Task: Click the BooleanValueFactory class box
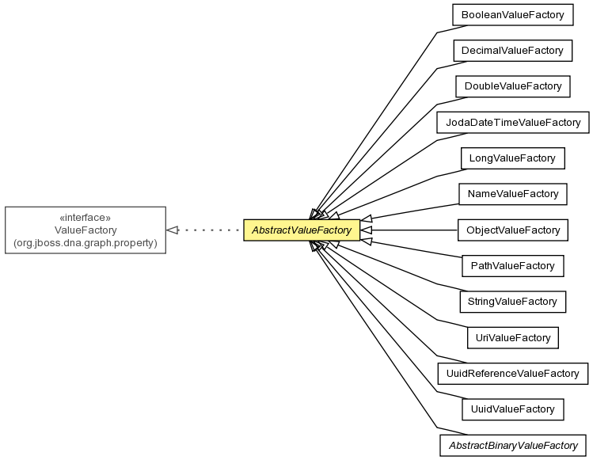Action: click(513, 15)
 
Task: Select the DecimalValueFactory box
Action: click(513, 51)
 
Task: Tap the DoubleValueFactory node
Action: click(513, 86)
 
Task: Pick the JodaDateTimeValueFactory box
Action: click(513, 122)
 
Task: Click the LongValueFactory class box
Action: click(513, 158)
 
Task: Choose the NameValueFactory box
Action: click(513, 194)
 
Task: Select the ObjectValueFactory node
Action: click(513, 230)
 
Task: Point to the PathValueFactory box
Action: click(513, 266)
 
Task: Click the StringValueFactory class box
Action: click(513, 302)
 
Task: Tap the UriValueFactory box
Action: click(513, 338)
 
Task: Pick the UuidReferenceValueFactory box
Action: click(513, 374)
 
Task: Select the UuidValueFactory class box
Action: click(513, 409)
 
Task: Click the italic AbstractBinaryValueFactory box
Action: click(513, 446)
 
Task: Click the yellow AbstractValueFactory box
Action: click(302, 230)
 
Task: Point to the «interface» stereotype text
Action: click(85, 218)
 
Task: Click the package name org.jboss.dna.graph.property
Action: click(85, 243)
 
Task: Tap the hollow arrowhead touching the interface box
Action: click(172, 230)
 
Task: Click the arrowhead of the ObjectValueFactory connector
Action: click(366, 230)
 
